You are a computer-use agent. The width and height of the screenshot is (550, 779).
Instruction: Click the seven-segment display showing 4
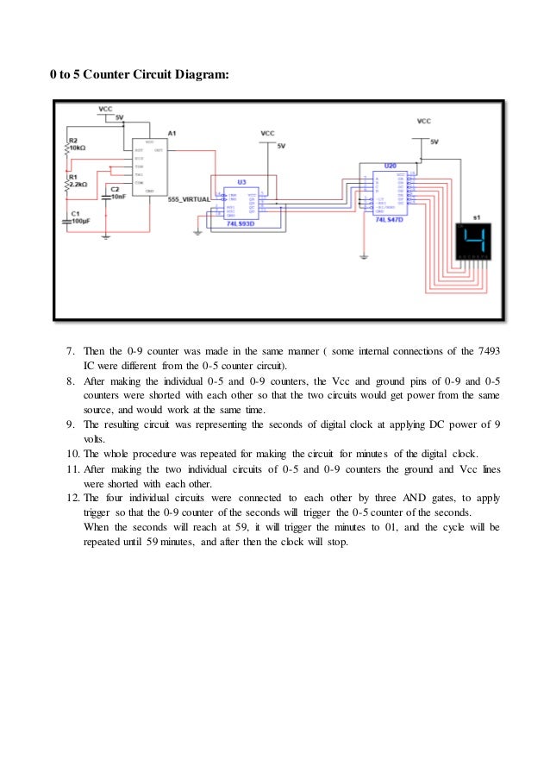point(474,243)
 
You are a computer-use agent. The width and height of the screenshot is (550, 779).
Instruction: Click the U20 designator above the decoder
point(390,164)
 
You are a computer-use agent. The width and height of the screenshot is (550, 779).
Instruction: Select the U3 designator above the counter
point(241,181)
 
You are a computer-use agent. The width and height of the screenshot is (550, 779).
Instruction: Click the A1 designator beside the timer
point(172,133)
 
